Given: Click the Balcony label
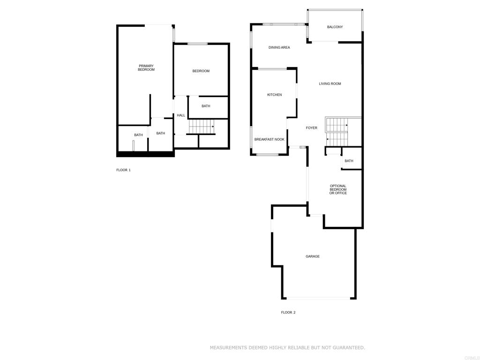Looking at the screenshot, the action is pyautogui.click(x=335, y=27).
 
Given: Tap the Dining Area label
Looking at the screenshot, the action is pyautogui.click(x=279, y=47).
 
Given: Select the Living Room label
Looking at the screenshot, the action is pyautogui.click(x=330, y=83).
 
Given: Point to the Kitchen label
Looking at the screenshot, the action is pyautogui.click(x=274, y=95).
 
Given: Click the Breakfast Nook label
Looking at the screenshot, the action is pyautogui.click(x=269, y=139).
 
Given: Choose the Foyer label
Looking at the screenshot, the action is pyautogui.click(x=311, y=128).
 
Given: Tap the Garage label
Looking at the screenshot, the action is pyautogui.click(x=312, y=256).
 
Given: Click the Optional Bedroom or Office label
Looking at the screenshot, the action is pyautogui.click(x=338, y=189).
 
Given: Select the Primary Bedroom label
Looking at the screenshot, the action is pyautogui.click(x=146, y=67).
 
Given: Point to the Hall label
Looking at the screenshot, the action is pyautogui.click(x=180, y=115).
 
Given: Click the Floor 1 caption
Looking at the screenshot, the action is pyautogui.click(x=123, y=170).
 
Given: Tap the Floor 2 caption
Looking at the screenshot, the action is pyautogui.click(x=288, y=313).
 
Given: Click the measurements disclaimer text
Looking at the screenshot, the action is pyautogui.click(x=287, y=347).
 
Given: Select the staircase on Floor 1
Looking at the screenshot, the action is pyautogui.click(x=201, y=127).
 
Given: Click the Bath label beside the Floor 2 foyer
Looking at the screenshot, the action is pyautogui.click(x=349, y=161).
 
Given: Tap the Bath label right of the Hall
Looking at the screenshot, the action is pyautogui.click(x=206, y=106).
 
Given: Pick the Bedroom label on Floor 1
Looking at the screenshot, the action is pyautogui.click(x=201, y=71).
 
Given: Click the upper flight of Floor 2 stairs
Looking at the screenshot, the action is pyautogui.click(x=337, y=125).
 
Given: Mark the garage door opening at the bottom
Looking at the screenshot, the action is pyautogui.click(x=318, y=298).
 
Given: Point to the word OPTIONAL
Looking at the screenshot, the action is pyautogui.click(x=338, y=186).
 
